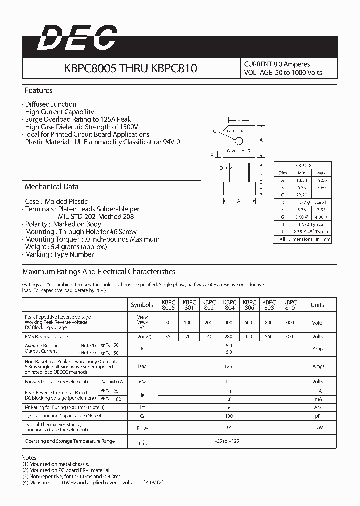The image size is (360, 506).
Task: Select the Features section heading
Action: pos(39,91)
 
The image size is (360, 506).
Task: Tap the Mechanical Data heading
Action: pos(52,187)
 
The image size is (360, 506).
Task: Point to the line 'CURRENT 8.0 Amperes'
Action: pos(277,64)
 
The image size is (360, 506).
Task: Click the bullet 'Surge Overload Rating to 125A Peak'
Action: pos(78,119)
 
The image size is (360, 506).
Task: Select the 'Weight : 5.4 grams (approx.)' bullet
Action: pos(58,247)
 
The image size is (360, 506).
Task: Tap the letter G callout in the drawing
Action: pos(215,131)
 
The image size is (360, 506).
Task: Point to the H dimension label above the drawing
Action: pos(239,121)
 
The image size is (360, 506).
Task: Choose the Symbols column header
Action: pos(142,305)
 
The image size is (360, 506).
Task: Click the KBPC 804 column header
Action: pos(229,305)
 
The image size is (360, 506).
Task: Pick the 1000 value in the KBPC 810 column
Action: pos(289,323)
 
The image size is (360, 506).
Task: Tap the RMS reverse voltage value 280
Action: pos(229,337)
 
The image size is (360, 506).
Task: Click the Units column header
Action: pos(317,305)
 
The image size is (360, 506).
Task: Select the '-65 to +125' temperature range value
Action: pos(229,441)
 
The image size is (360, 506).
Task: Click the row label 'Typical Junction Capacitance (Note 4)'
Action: pos(64,416)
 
